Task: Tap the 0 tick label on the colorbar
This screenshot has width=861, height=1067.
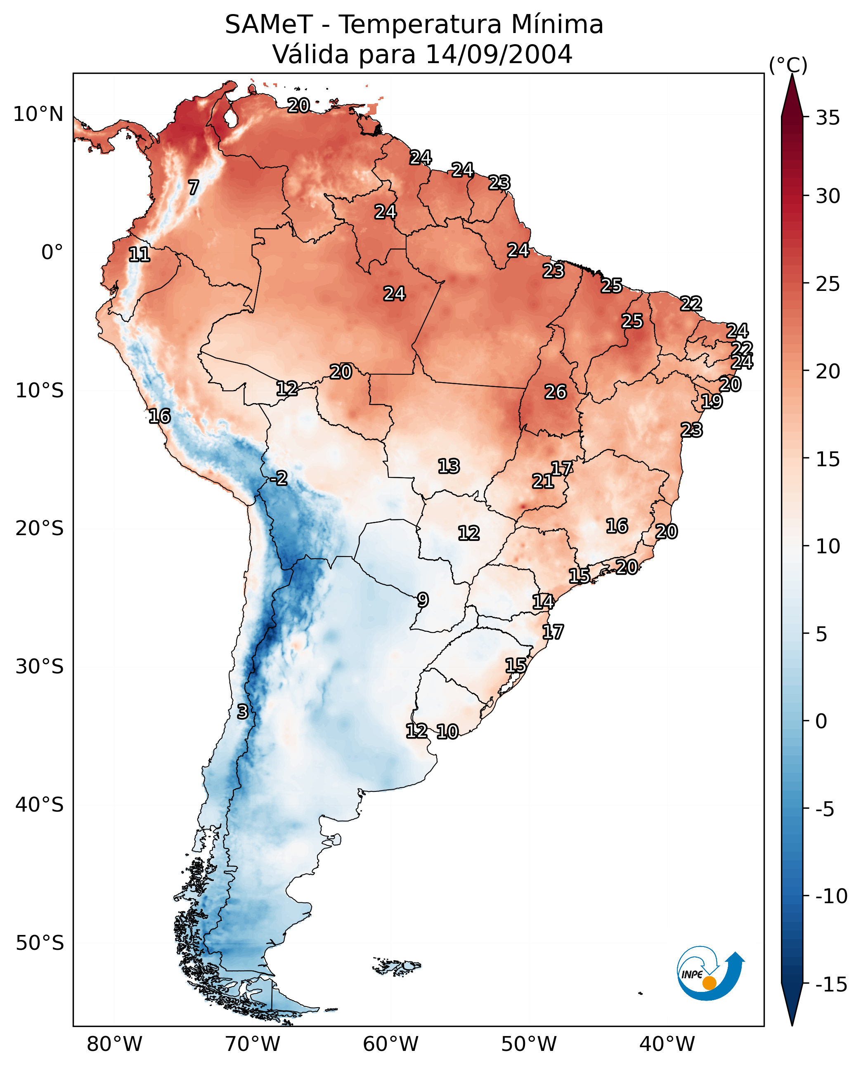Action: click(x=821, y=721)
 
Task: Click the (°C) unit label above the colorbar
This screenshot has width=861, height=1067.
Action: click(x=788, y=65)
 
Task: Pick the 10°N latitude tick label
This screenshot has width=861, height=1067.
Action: click(x=38, y=115)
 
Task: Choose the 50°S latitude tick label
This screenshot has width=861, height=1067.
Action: click(x=40, y=943)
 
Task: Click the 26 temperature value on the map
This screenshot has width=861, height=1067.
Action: click(x=556, y=392)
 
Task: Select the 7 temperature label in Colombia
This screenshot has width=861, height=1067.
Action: click(x=194, y=187)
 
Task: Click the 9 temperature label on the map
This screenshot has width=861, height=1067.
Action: click(x=423, y=600)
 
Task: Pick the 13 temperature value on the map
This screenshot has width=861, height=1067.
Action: click(x=449, y=466)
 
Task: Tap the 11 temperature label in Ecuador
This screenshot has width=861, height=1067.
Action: click(x=140, y=255)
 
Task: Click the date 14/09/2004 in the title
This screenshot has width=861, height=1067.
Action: click(x=499, y=54)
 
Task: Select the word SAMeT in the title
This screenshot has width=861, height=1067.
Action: click(x=269, y=25)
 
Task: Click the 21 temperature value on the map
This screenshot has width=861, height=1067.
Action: click(x=543, y=481)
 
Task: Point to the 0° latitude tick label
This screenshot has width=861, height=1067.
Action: click(x=52, y=253)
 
